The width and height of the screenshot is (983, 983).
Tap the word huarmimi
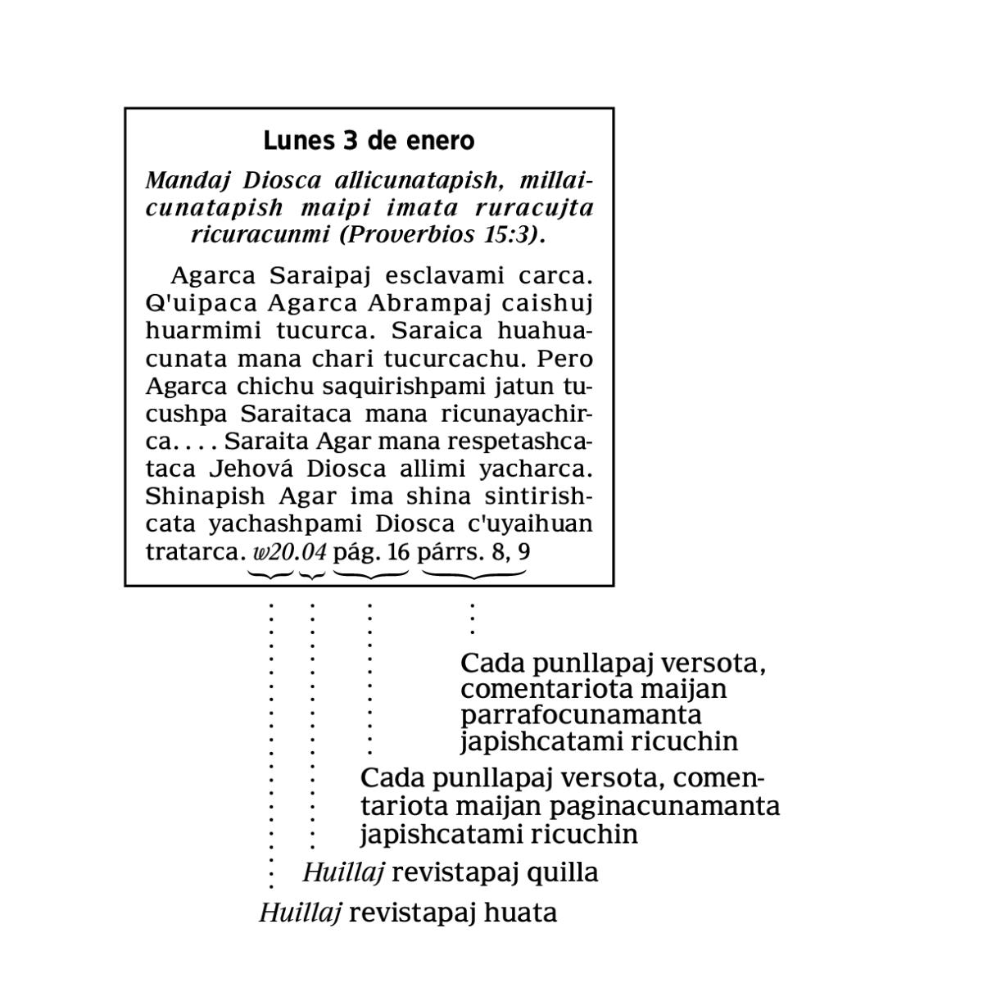coord(193,331)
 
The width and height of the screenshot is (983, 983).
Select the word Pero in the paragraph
coord(564,359)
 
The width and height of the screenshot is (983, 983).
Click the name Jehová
coord(253,469)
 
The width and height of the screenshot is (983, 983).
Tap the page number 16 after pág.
coord(398,552)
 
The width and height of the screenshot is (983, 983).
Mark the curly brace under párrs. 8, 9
coord(473,575)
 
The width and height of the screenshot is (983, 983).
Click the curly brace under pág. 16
coord(370,575)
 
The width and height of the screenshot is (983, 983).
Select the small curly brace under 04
coord(312,575)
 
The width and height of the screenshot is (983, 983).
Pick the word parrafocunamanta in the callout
coord(581,714)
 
